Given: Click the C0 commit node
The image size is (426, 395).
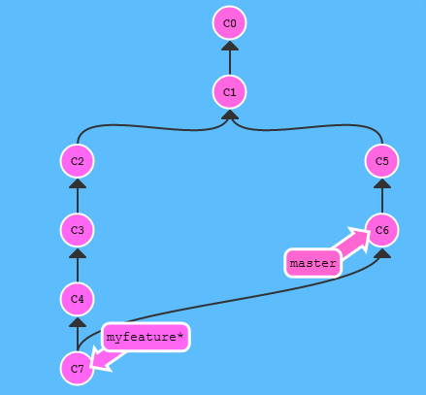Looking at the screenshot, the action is click(x=229, y=23).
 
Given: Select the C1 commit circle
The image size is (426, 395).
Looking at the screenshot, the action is click(x=229, y=92).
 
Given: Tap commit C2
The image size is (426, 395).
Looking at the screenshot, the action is click(x=77, y=161).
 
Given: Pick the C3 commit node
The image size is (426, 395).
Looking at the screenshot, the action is click(x=77, y=230).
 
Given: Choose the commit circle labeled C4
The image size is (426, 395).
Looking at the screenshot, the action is click(x=77, y=299).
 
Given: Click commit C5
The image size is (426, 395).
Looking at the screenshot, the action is click(x=381, y=161).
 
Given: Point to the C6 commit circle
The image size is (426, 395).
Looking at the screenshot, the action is click(x=381, y=230).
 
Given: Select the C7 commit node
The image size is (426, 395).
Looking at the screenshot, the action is click(x=77, y=369).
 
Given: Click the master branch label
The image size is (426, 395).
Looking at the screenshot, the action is click(x=312, y=263).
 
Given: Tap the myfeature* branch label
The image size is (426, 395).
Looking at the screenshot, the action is click(x=146, y=337).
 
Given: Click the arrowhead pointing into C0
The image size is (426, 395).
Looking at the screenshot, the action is click(x=230, y=46).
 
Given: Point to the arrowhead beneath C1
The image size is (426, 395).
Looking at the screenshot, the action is click(x=230, y=115).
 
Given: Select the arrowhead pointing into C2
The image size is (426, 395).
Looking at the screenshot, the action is click(x=78, y=183).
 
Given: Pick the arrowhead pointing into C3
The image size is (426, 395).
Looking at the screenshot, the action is click(x=78, y=253).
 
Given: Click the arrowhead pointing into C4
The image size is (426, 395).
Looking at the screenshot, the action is click(x=78, y=322).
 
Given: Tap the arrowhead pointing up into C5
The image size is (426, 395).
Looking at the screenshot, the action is click(x=382, y=183).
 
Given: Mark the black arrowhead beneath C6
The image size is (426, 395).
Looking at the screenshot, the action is click(x=382, y=253).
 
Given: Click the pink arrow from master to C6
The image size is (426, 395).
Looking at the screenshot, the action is click(x=352, y=242).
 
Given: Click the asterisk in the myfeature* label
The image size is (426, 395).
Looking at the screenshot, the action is click(x=180, y=335).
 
